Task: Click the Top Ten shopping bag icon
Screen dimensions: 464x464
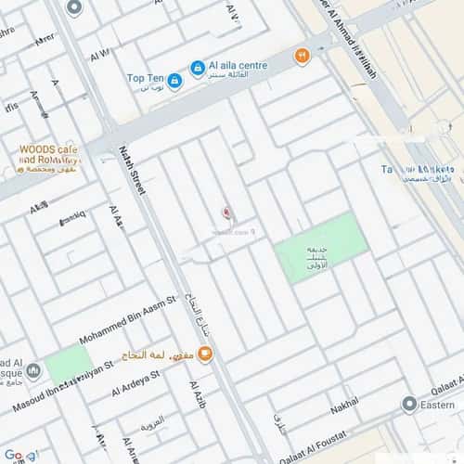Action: point(174,81)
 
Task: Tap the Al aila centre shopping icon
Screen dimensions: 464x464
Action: point(198,68)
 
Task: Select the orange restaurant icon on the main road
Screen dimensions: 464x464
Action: point(302,56)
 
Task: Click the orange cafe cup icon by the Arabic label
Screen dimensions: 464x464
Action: point(205,353)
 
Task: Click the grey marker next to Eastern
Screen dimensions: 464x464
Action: point(408,405)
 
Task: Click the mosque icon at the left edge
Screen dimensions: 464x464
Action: point(33,372)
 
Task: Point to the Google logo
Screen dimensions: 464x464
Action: point(20,455)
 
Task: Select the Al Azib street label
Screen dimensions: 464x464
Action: point(197,394)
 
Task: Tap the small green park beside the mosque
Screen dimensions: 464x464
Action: point(68,364)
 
